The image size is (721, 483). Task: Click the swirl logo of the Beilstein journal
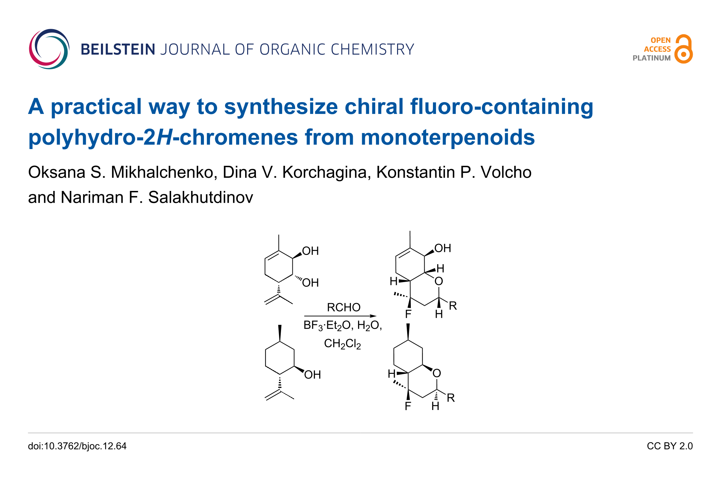tap(49, 49)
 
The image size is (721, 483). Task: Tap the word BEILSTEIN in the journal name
tap(118, 50)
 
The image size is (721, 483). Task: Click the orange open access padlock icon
tap(683, 49)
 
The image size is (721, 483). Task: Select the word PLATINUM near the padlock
tap(651, 58)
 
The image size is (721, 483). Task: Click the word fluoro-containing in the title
tap(502, 107)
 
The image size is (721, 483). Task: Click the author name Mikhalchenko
tap(162, 172)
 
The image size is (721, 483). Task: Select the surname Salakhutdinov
tap(201, 197)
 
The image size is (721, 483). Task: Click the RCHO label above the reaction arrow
tap(343, 307)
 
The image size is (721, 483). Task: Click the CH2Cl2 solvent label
tap(342, 344)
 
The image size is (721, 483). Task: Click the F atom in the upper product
tap(408, 314)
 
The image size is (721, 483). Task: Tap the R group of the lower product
tap(451, 398)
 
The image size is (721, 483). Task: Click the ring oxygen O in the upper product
tap(439, 281)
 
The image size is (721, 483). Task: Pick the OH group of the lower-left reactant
tap(312, 374)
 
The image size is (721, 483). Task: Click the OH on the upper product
tap(443, 248)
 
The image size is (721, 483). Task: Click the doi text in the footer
tap(77, 446)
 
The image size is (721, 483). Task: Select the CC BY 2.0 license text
tap(670, 446)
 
